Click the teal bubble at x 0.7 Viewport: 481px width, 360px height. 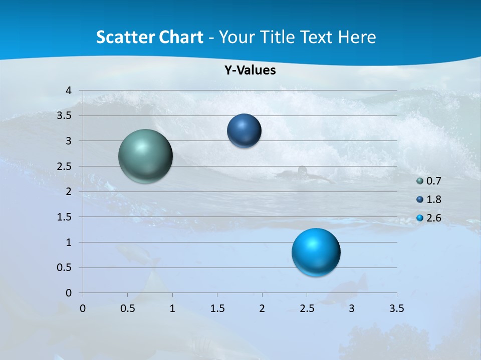(146, 156)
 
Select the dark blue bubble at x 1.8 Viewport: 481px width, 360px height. (244, 130)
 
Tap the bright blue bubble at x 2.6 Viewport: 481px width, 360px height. (316, 252)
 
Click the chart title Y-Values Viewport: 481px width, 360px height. (250, 70)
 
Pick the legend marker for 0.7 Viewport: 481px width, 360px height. (420, 181)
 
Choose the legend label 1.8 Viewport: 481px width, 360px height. (433, 199)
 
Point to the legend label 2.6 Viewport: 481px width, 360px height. (433, 218)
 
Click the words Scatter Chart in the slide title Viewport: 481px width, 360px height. (149, 37)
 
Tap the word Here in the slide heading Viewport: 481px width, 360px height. (357, 37)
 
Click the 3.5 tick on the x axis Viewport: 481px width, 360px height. (396, 308)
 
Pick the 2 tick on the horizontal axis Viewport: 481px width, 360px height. (262, 308)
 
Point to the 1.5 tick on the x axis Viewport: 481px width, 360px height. (217, 308)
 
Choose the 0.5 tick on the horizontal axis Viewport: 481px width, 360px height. (127, 308)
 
